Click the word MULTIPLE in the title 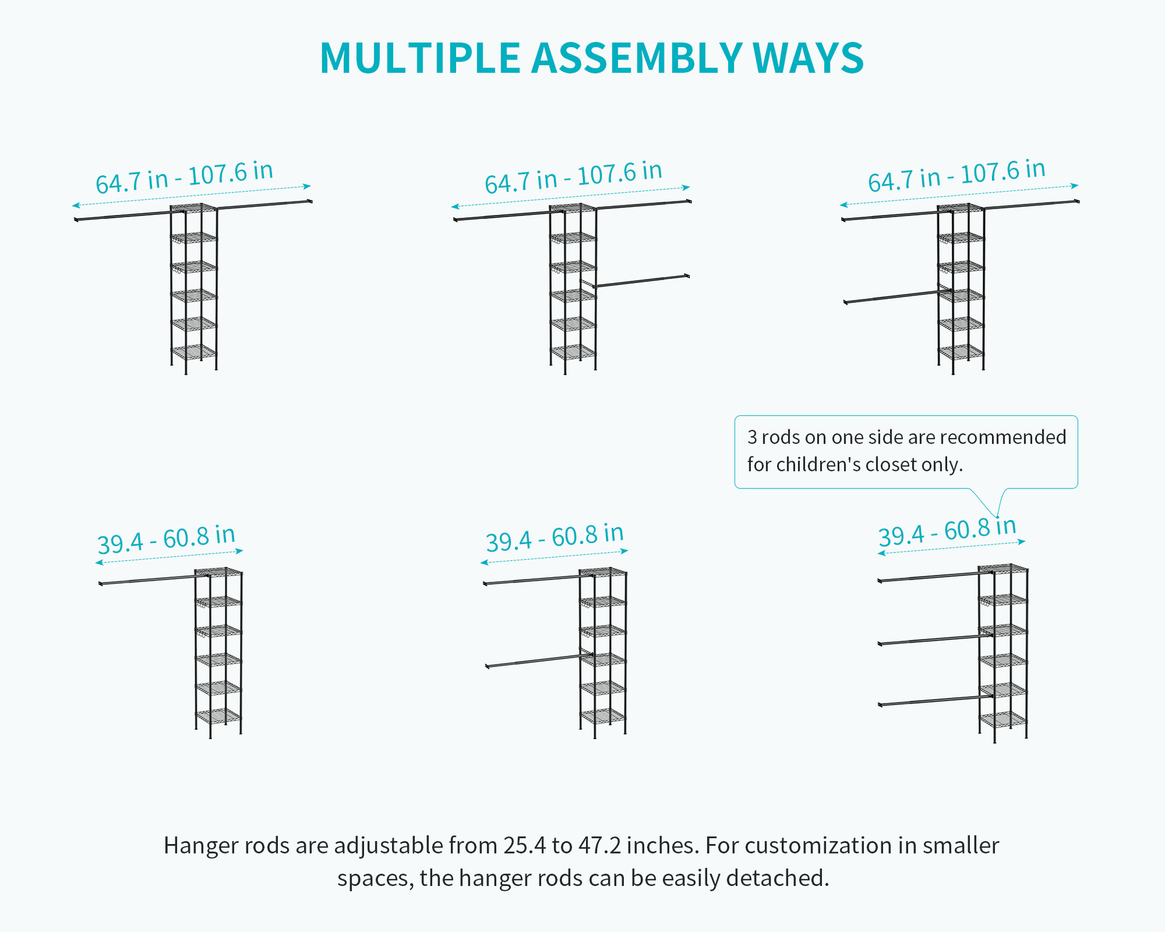[420, 58]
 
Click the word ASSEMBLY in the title [637, 58]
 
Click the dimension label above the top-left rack [184, 177]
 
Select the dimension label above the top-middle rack [574, 177]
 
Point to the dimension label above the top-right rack [957, 175]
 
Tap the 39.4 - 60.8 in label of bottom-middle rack [555, 538]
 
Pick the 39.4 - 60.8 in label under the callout [948, 532]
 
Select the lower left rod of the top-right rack [896, 297]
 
